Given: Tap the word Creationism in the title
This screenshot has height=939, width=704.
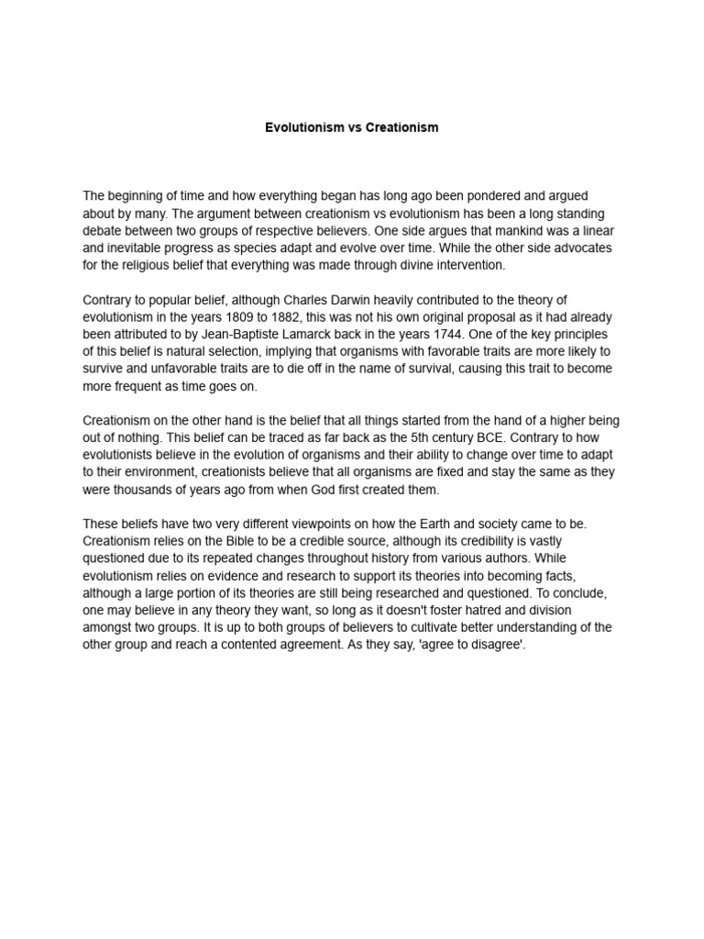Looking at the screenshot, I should pos(402,127).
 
